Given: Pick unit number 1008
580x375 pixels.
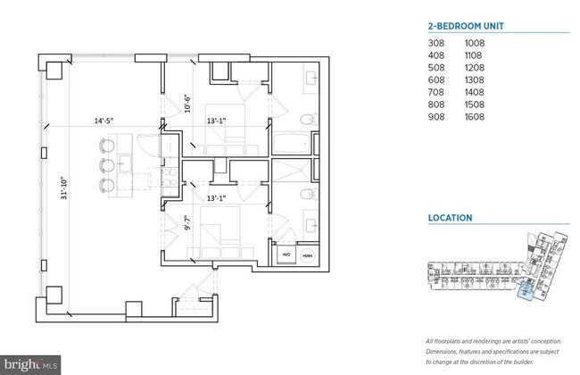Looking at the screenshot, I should pos(475,41).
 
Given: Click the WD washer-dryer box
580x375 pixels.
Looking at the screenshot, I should pos(286,254).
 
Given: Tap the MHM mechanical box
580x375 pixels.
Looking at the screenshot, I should pos(308,254).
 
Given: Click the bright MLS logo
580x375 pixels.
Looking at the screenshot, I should pos(31,364).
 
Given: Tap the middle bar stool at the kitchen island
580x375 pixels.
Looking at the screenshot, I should pos(107,164).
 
